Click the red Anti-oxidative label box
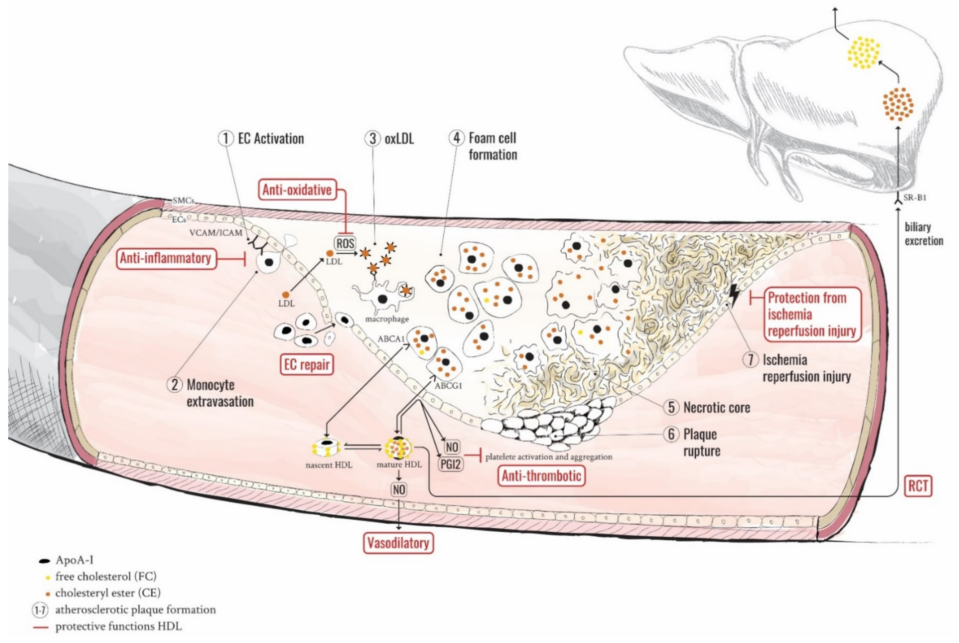(297, 190)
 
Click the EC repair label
(307, 364)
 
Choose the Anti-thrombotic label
(541, 476)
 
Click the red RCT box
(918, 486)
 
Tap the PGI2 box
(450, 465)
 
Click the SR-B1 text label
(915, 198)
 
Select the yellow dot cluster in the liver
(864, 52)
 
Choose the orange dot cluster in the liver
(898, 104)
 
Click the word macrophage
(387, 319)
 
